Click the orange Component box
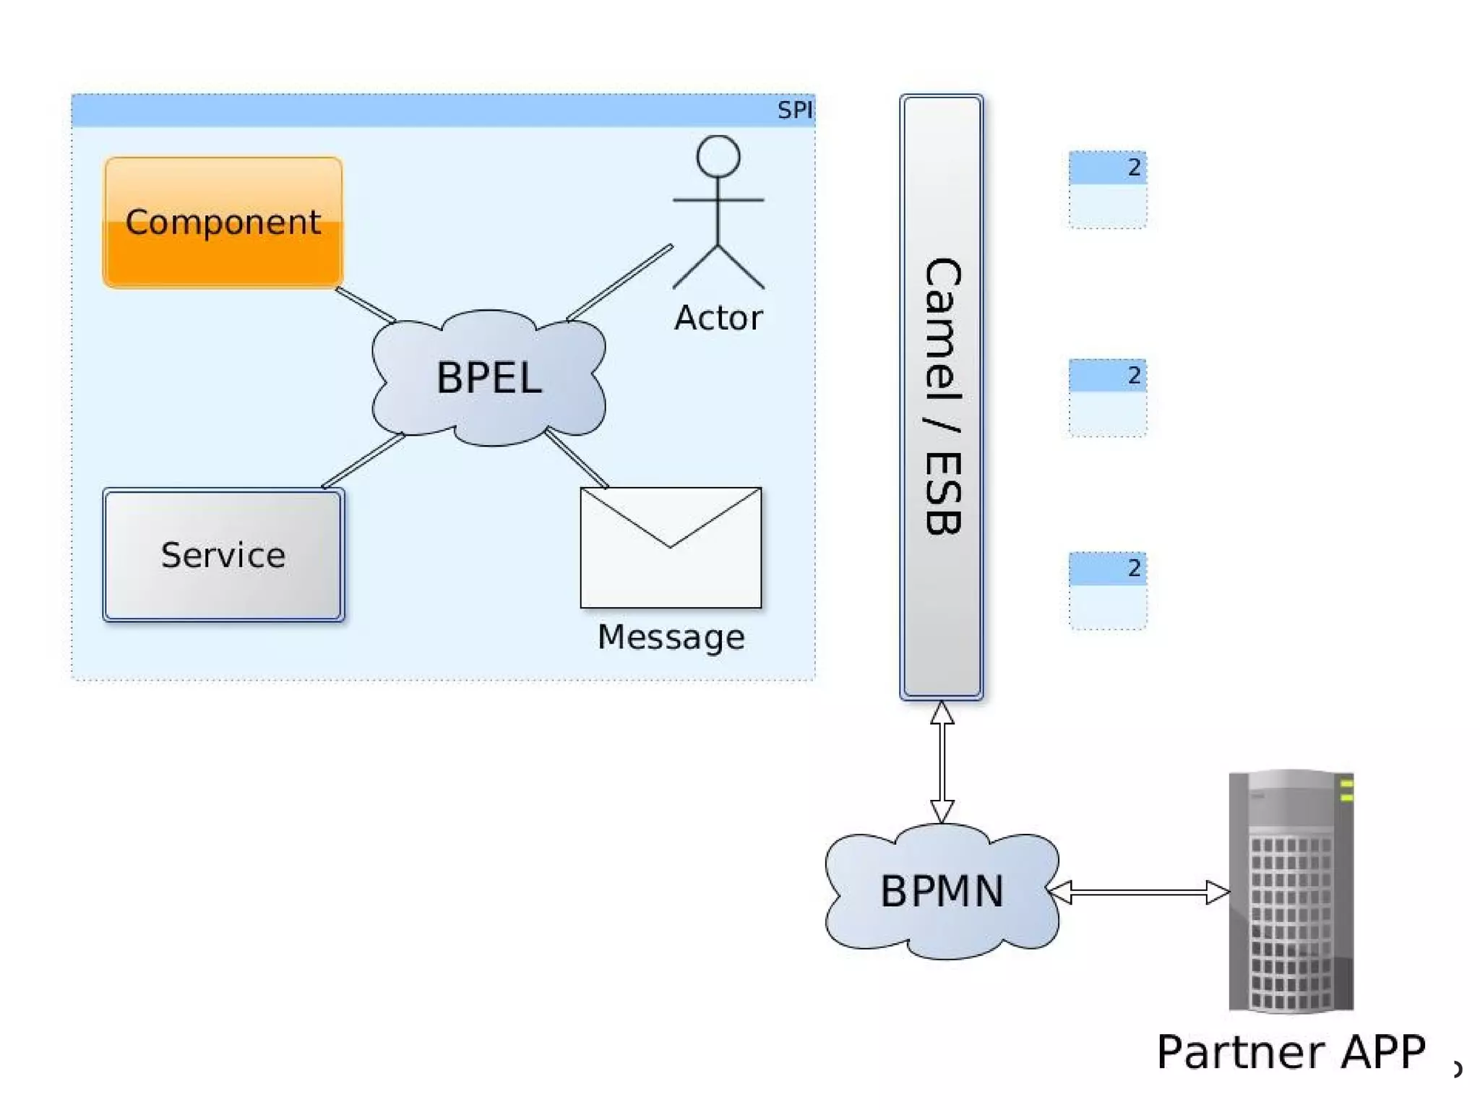point(223,223)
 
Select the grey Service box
point(223,554)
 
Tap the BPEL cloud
point(489,377)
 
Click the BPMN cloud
point(941,890)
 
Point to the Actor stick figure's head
point(718,156)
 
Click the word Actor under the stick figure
point(718,318)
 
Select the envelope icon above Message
point(671,548)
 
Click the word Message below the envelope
point(671,637)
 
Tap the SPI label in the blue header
point(794,110)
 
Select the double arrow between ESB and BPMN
point(941,762)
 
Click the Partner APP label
point(1291,1052)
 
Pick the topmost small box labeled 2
point(1107,189)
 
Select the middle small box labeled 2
point(1107,397)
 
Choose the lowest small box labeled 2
point(1107,590)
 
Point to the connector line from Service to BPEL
point(363,461)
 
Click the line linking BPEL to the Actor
point(620,283)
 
